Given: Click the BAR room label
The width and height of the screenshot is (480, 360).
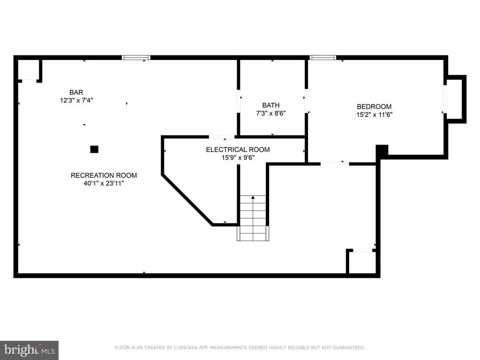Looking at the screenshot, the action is pyautogui.click(x=76, y=92).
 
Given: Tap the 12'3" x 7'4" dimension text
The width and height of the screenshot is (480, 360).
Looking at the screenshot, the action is pyautogui.click(x=76, y=100).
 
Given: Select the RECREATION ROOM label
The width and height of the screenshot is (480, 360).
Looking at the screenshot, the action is pyautogui.click(x=104, y=175).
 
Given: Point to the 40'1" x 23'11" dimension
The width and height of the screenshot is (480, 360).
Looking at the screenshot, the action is pyautogui.click(x=104, y=183).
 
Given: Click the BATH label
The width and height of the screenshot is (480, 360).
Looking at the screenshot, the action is pyautogui.click(x=271, y=105).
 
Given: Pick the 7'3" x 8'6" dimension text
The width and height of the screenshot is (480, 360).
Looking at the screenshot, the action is pyautogui.click(x=271, y=113).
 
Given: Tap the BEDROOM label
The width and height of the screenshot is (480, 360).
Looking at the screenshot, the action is pyautogui.click(x=374, y=106).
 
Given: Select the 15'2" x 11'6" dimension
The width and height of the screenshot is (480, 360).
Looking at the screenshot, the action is pyautogui.click(x=374, y=114).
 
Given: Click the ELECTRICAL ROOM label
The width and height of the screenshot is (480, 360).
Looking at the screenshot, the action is pyautogui.click(x=238, y=150).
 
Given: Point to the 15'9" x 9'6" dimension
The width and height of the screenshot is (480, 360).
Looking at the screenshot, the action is pyautogui.click(x=238, y=157).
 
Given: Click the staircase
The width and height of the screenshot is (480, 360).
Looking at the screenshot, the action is pyautogui.click(x=253, y=218).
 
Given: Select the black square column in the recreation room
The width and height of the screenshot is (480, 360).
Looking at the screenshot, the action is pyautogui.click(x=94, y=150).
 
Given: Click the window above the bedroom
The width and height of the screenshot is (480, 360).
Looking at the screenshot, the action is pyautogui.click(x=323, y=58).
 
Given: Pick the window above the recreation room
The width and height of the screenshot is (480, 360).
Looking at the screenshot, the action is pyautogui.click(x=136, y=58).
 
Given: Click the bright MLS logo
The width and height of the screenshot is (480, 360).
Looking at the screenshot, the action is pyautogui.click(x=30, y=350).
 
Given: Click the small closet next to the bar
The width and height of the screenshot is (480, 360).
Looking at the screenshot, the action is pyautogui.click(x=29, y=70).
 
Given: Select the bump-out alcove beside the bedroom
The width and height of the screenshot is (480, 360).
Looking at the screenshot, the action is pyautogui.click(x=455, y=99).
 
